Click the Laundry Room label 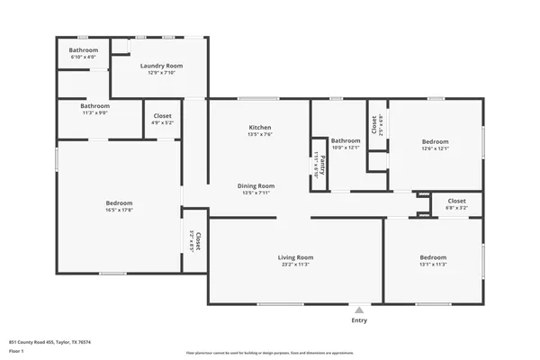click(x=162, y=66)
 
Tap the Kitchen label click(x=260, y=128)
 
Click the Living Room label click(x=295, y=258)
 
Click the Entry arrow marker click(x=359, y=309)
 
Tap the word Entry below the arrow click(x=359, y=320)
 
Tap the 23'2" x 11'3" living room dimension click(x=295, y=265)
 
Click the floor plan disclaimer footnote click(x=269, y=353)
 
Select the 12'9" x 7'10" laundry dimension click(x=162, y=73)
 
